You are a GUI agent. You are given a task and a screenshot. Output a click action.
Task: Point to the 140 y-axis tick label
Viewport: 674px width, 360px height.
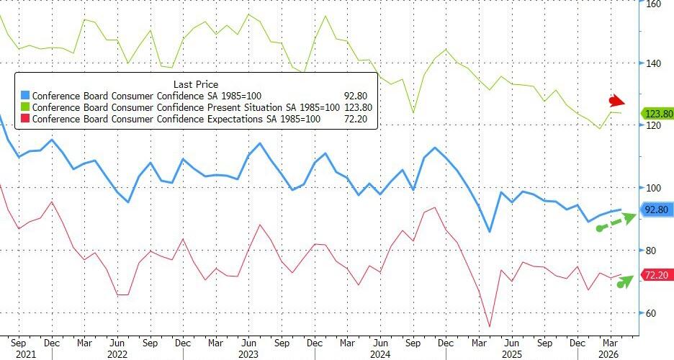pos(654,63)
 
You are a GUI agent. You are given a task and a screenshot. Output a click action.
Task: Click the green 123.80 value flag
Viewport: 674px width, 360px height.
pos(656,114)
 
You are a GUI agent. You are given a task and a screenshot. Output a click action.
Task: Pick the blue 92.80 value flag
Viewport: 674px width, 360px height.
pos(656,210)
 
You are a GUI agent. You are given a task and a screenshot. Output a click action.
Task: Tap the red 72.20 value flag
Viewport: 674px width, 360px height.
pos(656,276)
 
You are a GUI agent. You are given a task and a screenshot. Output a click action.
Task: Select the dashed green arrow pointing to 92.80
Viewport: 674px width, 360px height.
pos(616,222)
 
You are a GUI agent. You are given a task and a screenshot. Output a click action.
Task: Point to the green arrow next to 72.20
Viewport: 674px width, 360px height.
pos(624,281)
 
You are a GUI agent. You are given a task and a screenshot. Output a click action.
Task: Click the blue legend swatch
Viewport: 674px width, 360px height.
pos(26,95)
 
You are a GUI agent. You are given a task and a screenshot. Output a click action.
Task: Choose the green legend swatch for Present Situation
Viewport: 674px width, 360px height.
pos(26,107)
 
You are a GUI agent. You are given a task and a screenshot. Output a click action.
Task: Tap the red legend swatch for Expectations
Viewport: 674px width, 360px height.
pos(26,118)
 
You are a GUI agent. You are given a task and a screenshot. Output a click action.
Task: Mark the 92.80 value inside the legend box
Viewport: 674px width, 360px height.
pos(356,95)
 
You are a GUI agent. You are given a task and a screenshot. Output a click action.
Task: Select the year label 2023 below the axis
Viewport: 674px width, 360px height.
pos(248,354)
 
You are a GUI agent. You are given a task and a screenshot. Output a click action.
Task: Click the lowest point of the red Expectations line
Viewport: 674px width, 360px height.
pos(490,327)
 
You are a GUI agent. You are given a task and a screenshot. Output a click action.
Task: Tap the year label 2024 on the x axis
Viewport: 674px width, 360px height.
pos(379,354)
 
